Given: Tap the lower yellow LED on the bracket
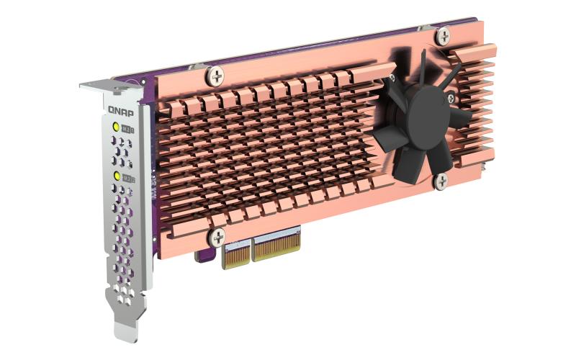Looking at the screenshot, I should [117, 176].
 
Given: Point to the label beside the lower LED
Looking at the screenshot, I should [129, 177].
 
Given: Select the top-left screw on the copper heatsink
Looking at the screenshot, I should [215, 73].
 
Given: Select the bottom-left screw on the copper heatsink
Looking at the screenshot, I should [216, 235].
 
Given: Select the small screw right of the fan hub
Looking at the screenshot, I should [451, 99].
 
